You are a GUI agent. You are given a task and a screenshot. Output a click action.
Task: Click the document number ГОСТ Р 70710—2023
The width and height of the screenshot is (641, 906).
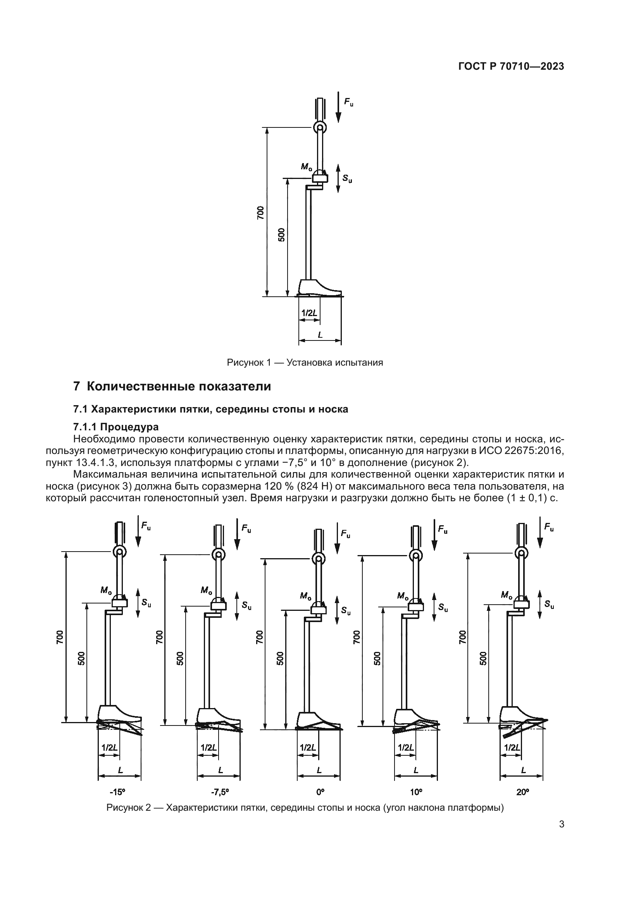point(511,67)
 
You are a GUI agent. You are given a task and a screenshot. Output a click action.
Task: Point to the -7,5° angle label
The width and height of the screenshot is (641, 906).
point(220,791)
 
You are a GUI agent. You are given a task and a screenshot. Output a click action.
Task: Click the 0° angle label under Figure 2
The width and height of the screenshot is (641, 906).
point(320,791)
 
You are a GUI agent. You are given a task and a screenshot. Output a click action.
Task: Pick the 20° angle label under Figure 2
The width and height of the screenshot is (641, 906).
point(522,791)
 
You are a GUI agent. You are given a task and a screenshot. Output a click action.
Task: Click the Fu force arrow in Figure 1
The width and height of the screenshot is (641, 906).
point(338,107)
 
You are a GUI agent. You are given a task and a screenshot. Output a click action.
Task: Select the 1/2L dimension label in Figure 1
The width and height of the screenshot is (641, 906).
point(309,313)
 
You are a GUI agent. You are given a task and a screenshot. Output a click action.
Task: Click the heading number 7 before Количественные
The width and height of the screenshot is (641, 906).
point(77,386)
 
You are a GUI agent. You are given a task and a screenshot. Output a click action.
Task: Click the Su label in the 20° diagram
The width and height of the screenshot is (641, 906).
point(549,604)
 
